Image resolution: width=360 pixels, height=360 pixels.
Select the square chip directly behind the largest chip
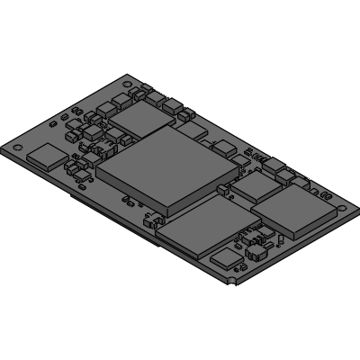tap(139, 118)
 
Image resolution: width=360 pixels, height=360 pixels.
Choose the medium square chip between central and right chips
tap(256, 184)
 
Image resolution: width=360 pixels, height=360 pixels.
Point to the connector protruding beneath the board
tap(108, 216)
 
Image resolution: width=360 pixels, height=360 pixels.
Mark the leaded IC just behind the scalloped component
tap(244, 240)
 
